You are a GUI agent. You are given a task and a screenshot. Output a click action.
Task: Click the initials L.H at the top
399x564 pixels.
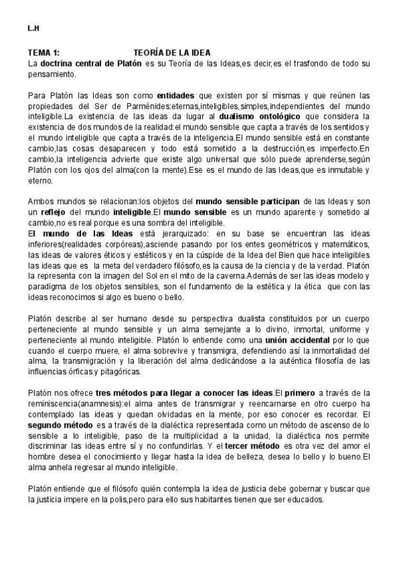(33, 29)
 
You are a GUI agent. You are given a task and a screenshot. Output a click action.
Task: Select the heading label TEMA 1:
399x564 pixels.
(44, 53)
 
